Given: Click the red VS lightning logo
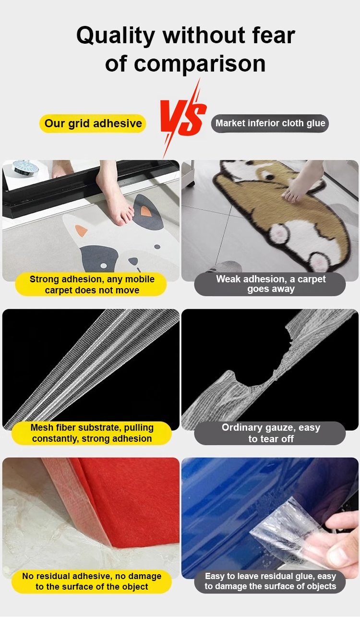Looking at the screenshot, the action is click(183, 119).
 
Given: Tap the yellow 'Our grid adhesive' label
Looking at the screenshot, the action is click(93, 123).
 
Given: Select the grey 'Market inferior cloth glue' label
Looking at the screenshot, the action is click(270, 123).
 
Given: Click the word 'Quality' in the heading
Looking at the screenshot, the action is click(116, 36).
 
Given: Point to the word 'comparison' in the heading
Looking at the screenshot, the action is click(199, 64).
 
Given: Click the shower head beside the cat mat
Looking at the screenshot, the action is click(25, 167).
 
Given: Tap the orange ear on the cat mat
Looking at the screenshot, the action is click(145, 211).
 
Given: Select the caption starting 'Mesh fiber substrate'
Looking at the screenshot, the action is click(92, 433).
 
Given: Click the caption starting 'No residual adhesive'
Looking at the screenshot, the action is click(92, 582).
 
